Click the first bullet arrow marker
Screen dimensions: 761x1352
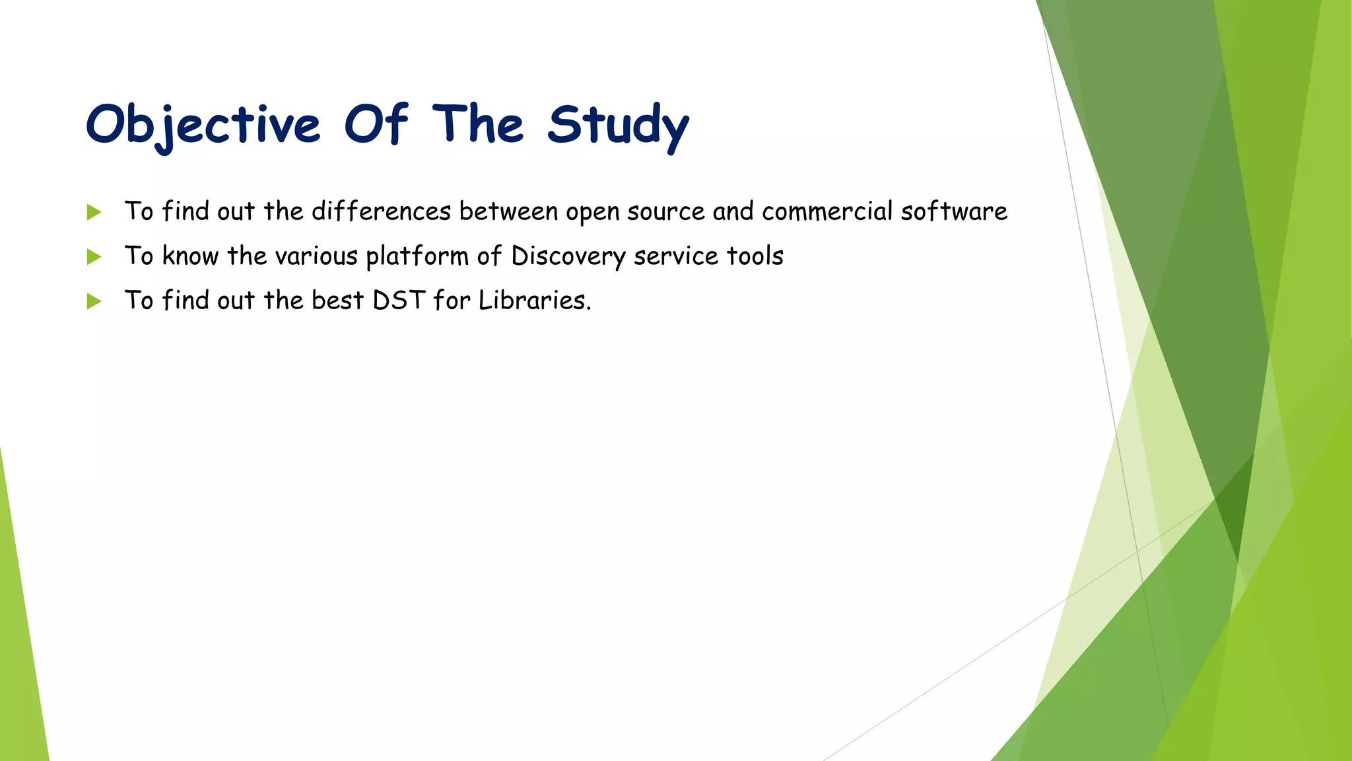(x=94, y=212)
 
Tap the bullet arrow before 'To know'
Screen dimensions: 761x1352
(x=94, y=256)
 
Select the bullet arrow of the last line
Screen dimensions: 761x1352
(x=94, y=301)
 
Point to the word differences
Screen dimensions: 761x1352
(x=381, y=211)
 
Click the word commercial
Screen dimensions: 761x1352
(x=827, y=211)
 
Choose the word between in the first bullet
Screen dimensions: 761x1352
(x=508, y=211)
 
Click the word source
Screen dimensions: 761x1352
(x=665, y=212)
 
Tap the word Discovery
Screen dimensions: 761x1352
(x=568, y=256)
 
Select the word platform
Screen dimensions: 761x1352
(x=417, y=256)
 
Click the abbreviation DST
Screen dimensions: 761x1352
(x=398, y=301)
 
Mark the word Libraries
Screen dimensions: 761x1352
(x=534, y=301)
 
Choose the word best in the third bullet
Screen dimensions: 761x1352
(x=337, y=301)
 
